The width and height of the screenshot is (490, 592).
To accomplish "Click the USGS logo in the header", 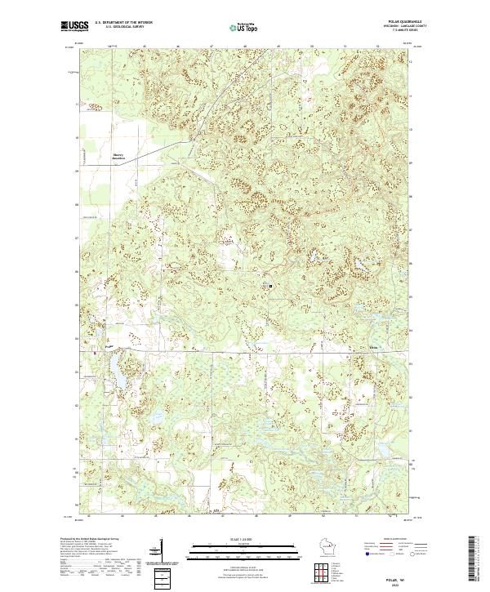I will pyautogui.click(x=73, y=27).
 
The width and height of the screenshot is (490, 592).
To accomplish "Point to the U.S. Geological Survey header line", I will pyautogui.click(x=123, y=29).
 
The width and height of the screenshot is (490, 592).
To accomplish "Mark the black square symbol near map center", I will pyautogui.click(x=270, y=286).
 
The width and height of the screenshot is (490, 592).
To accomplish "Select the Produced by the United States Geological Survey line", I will pyautogui.click(x=90, y=541).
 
